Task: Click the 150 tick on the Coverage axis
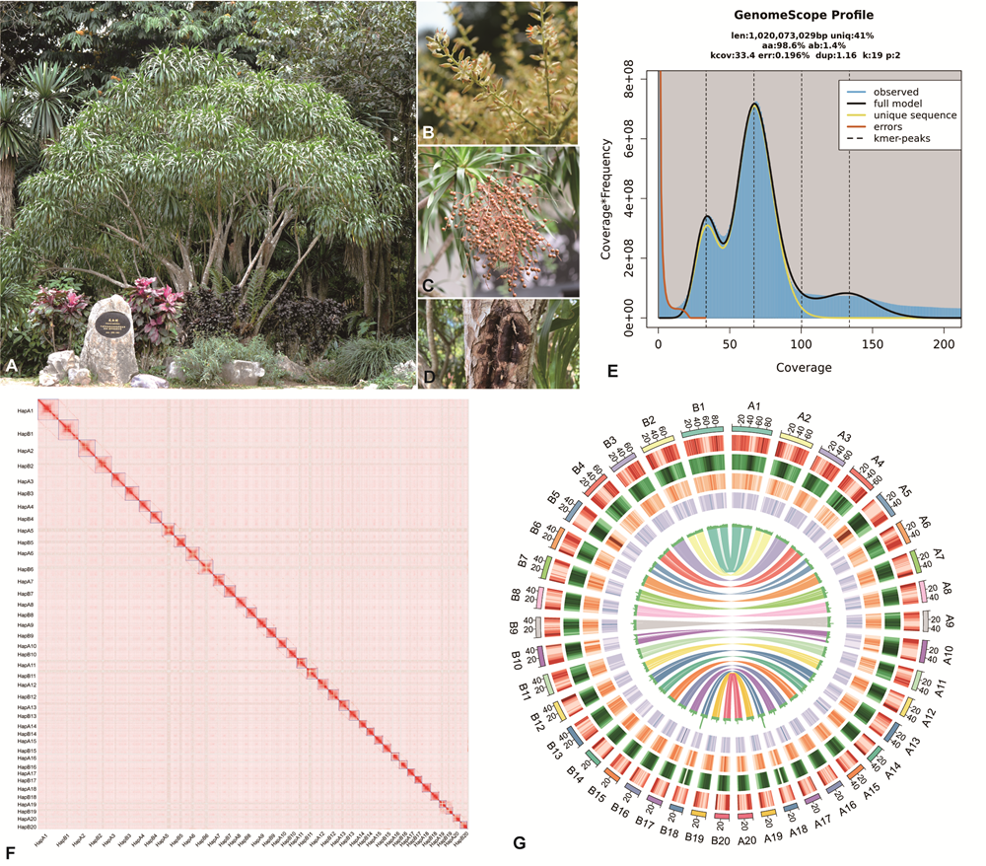(873, 347)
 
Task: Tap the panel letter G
(520, 843)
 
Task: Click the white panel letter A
(13, 366)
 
